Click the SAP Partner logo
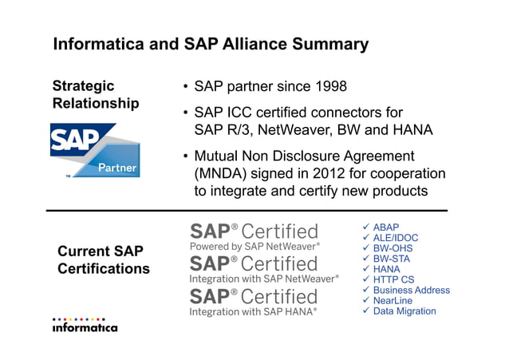click(95, 149)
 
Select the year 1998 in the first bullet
click(329, 86)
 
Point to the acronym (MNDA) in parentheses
click(220, 173)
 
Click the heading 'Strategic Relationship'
click(95, 95)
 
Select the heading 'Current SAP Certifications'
click(103, 260)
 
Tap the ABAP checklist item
click(386, 227)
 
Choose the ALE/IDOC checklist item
click(395, 238)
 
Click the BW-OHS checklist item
click(393, 248)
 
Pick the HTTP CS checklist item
click(393, 279)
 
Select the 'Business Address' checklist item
click(411, 290)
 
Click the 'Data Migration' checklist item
click(404, 311)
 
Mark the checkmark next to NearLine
click(366, 300)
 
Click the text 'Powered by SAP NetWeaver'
click(254, 247)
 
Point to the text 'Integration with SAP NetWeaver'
click(264, 279)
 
